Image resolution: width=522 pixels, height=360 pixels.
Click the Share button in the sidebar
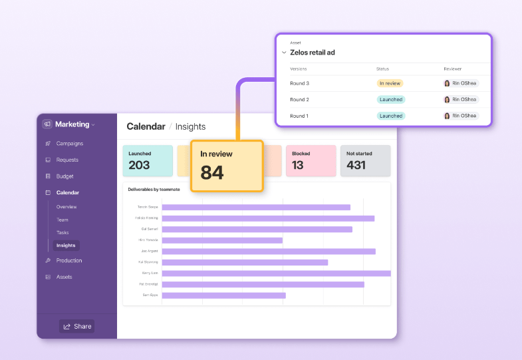coord(76,326)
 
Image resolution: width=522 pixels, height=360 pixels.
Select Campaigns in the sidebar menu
coord(69,143)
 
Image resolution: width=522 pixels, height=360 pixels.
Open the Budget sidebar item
coord(65,176)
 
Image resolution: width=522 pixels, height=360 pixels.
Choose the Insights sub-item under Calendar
coord(66,246)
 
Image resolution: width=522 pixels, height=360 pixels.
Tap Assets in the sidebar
coord(64,277)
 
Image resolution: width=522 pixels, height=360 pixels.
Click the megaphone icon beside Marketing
coord(47,124)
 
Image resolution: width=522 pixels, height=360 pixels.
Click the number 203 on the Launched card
coord(139,165)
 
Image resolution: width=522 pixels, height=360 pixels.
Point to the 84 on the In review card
coord(212,173)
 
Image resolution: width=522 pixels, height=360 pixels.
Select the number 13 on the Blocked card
coord(298,165)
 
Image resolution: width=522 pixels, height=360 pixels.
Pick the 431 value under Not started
coord(356,165)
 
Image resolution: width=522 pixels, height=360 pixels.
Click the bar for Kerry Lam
coord(276,273)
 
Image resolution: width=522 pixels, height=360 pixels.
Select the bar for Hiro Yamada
coord(222,240)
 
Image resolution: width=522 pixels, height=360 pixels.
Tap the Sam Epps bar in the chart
coord(223,295)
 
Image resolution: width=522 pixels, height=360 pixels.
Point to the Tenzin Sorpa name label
coord(148,207)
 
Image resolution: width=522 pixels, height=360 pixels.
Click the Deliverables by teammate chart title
coord(154,190)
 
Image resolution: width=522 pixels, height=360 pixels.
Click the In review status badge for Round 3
coord(390,83)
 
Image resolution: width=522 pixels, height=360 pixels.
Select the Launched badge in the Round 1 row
coord(390,116)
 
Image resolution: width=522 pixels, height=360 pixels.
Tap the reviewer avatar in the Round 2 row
coord(448,100)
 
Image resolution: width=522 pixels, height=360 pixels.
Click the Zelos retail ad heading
coord(313,53)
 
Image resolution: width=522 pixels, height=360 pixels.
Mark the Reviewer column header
coord(453,69)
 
